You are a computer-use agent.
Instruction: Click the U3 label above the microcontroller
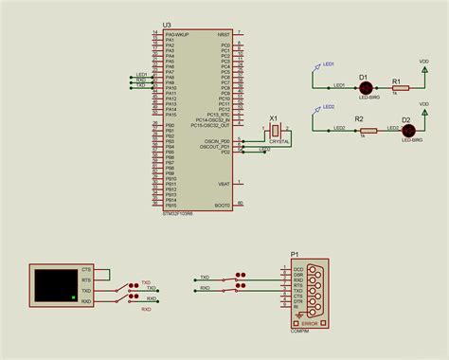[x=167, y=24]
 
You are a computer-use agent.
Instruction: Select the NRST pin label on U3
[x=224, y=33]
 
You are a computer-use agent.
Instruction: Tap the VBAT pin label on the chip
[x=224, y=183]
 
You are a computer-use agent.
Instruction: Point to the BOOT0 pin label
[x=223, y=205]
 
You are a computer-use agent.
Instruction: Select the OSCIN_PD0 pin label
[x=218, y=140]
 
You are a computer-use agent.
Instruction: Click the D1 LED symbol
[x=363, y=87]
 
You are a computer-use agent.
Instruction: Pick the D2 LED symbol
[x=405, y=131]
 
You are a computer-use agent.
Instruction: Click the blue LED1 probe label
[x=329, y=64]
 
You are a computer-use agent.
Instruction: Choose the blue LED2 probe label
[x=329, y=107]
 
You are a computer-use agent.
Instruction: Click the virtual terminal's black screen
[x=54, y=285]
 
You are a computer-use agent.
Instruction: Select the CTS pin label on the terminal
[x=86, y=270]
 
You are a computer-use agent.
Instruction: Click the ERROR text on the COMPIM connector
[x=310, y=323]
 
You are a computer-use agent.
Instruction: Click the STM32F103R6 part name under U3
[x=178, y=214]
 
